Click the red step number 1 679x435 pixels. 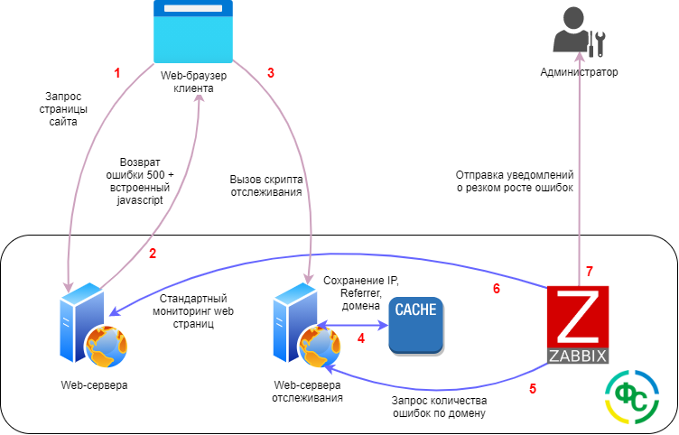pyautogui.click(x=116, y=73)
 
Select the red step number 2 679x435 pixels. pyautogui.click(x=153, y=254)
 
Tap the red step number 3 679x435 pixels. pyautogui.click(x=270, y=73)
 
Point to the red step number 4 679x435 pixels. pyautogui.click(x=360, y=339)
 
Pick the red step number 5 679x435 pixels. pyautogui.click(x=532, y=389)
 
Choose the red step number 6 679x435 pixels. pyautogui.click(x=496, y=290)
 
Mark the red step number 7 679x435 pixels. pyautogui.click(x=589, y=271)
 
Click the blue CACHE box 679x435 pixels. pyautogui.click(x=416, y=324)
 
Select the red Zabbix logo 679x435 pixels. pyautogui.click(x=578, y=324)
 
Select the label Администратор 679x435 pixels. pyautogui.click(x=580, y=72)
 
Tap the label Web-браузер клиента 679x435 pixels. pyautogui.click(x=192, y=82)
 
